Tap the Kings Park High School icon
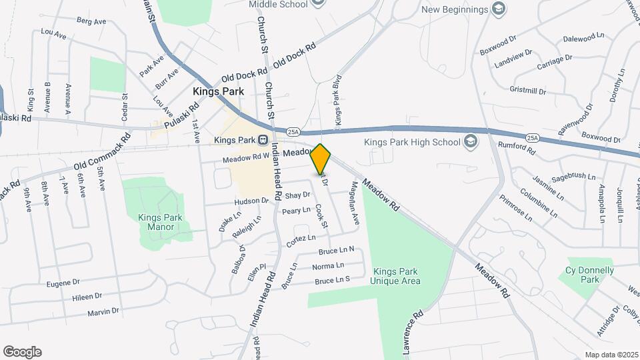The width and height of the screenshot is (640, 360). click(471, 141)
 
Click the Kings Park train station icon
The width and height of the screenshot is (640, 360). click(263, 141)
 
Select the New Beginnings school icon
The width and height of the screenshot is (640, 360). click(498, 9)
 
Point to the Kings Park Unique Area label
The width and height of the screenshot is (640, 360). click(397, 276)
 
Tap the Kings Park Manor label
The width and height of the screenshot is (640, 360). click(156, 222)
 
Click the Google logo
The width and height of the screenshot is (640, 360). click(22, 352)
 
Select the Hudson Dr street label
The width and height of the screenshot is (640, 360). click(251, 201)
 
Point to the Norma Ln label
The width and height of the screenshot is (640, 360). click(328, 267)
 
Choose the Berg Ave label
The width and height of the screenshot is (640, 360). click(91, 21)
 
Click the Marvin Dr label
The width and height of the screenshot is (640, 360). click(103, 311)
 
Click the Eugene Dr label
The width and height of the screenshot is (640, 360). click(63, 283)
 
